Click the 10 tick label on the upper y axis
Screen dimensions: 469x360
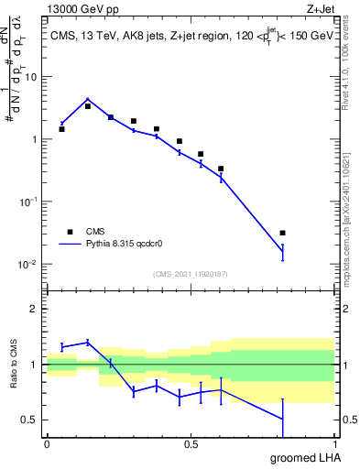31,77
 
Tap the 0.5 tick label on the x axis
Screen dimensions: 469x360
191,444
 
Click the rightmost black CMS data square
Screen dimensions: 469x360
282,233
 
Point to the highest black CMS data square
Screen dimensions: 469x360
87,106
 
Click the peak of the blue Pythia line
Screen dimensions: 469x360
87,99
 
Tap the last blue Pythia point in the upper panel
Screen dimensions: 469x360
282,251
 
